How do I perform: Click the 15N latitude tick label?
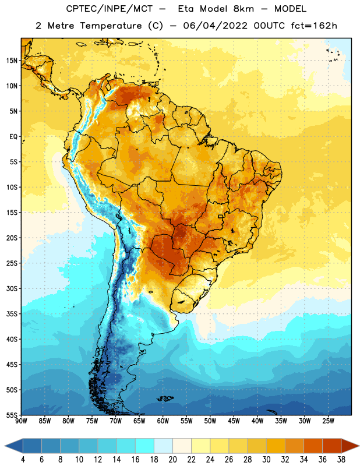point(12,61)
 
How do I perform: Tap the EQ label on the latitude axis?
point(13,137)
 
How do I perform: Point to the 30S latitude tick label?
point(12,288)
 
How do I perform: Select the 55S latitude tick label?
point(12,415)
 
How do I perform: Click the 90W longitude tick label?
point(21,421)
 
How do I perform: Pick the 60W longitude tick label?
point(163,421)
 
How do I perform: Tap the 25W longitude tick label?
point(328,421)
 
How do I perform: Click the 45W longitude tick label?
point(234,421)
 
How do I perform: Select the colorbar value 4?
point(23,460)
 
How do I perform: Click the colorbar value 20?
point(172,460)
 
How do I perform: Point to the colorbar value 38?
point(341,460)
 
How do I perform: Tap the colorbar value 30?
point(266,460)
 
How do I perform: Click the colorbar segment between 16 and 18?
point(145,446)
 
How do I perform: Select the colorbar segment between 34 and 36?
point(313,446)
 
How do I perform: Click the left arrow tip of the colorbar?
point(5,446)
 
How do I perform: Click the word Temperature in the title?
point(111,26)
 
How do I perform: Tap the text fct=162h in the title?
point(314,26)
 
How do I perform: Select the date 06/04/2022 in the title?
point(215,26)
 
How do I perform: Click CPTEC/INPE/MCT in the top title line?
point(109,9)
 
